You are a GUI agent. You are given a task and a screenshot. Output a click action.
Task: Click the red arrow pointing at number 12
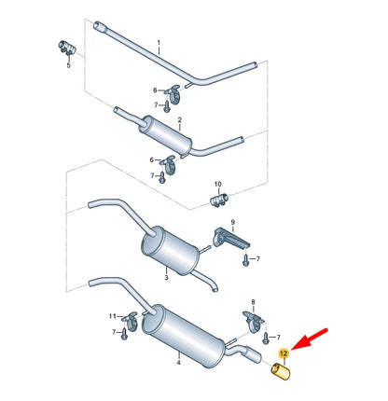click(310, 339)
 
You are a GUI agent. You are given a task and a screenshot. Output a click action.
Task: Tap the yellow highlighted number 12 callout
click(284, 353)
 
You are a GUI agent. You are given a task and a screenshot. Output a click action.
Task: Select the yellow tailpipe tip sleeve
click(281, 371)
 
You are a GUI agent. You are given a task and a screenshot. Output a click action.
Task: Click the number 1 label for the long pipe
click(159, 42)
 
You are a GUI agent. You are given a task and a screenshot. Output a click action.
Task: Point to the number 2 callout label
click(180, 119)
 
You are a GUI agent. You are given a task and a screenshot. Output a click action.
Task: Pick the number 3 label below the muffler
click(166, 277)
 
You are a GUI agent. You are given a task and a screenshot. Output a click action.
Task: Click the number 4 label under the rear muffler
click(179, 362)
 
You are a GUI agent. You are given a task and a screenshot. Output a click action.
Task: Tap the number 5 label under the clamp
click(69, 65)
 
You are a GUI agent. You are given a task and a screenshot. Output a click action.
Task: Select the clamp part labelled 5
click(67, 48)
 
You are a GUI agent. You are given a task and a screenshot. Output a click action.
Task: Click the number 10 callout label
click(218, 184)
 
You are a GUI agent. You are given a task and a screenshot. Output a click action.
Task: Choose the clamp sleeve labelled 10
click(219, 200)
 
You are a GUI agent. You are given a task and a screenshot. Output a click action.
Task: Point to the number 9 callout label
click(233, 222)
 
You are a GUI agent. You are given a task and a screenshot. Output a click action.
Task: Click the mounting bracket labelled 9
click(230, 239)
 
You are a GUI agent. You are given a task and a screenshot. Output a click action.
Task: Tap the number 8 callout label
click(253, 302)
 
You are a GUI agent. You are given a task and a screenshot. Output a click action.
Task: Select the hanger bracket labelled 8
click(253, 321)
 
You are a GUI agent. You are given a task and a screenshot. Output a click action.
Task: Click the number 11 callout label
click(113, 316)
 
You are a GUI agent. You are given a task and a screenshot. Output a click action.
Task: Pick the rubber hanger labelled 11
click(131, 320)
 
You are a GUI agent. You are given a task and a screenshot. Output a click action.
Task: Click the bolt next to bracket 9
click(245, 260)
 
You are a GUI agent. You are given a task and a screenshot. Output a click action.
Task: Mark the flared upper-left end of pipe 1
click(98, 25)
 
